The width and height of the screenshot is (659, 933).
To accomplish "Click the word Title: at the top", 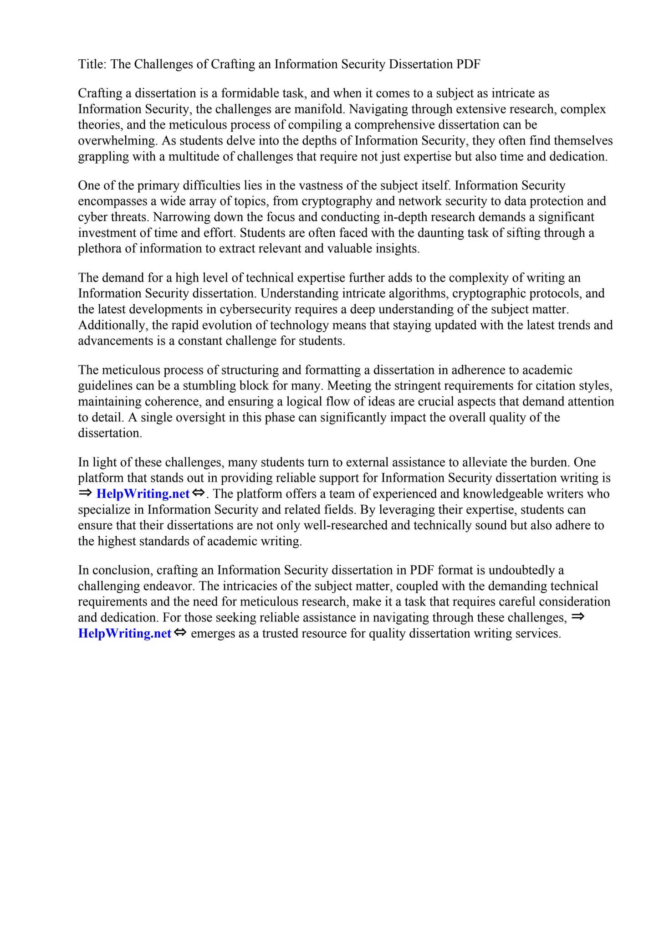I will click(x=92, y=64).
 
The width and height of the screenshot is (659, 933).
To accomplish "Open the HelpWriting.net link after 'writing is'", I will click(x=143, y=494).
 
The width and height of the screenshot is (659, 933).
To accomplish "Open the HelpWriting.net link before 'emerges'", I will click(x=125, y=634).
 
